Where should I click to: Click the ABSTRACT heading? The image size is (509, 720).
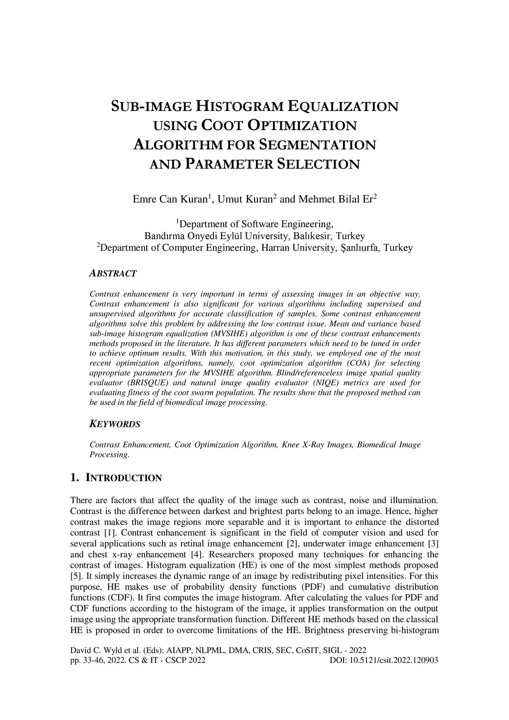pos(113,273)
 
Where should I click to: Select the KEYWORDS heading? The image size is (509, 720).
pos(115,424)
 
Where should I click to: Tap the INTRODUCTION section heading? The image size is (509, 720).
pos(124,478)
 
